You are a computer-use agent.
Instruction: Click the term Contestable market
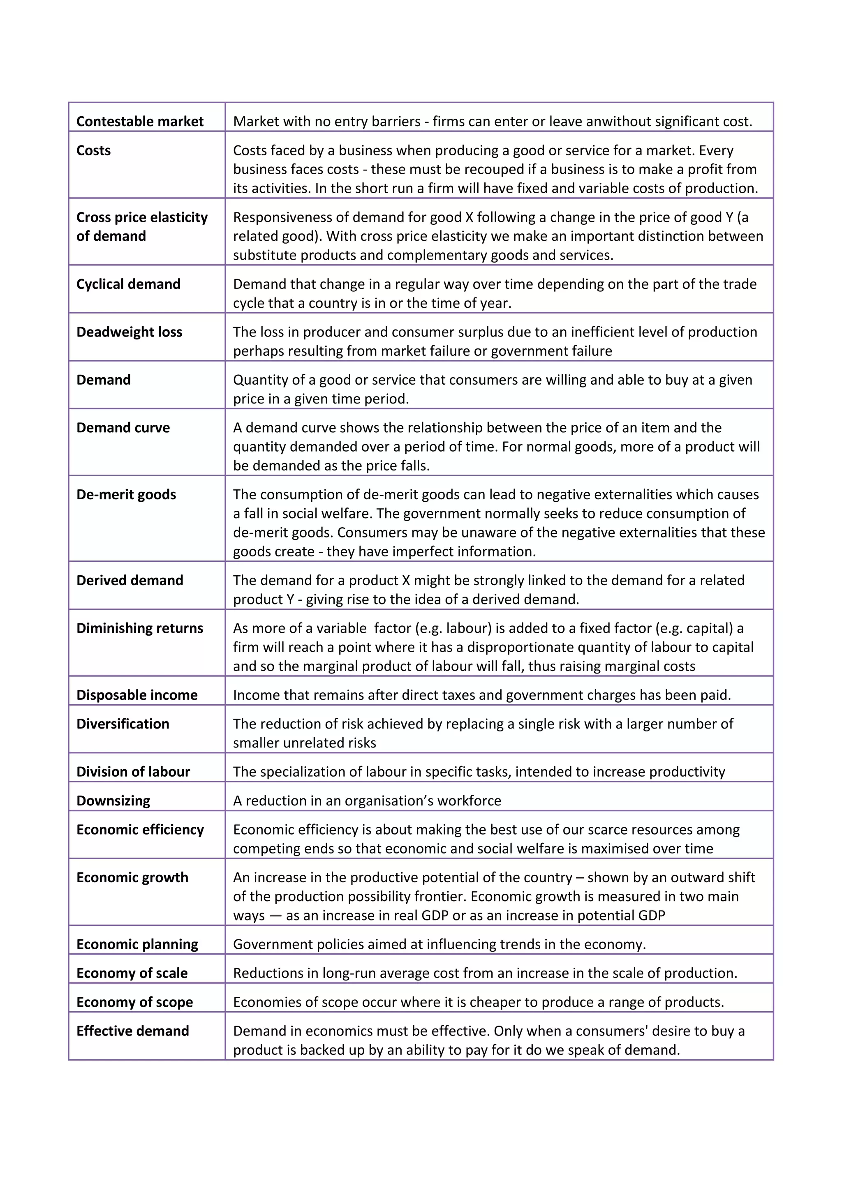[x=140, y=121]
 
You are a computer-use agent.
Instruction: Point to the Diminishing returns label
[x=139, y=628]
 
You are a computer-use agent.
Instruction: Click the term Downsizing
[x=113, y=801]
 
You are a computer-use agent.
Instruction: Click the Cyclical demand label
[x=128, y=284]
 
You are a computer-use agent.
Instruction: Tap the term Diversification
[x=123, y=724]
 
